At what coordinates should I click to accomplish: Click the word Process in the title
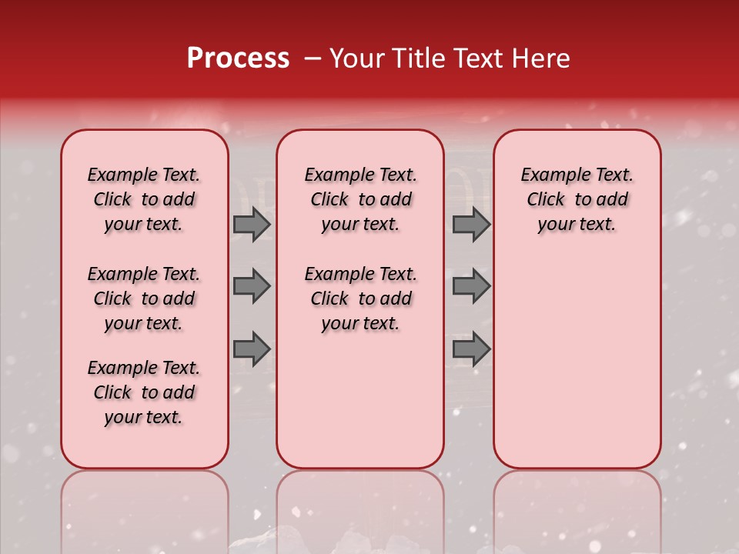tap(238, 58)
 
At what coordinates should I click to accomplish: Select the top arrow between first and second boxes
tap(251, 224)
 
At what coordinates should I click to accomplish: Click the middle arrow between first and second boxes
tap(251, 286)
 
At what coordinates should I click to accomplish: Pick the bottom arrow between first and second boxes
tap(251, 349)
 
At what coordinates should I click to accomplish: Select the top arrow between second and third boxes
tap(470, 224)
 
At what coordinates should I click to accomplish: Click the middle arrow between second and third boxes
tap(470, 286)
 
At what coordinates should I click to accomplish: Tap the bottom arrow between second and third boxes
tap(470, 349)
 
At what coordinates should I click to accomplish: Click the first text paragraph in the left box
tap(144, 199)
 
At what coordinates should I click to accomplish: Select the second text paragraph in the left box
tap(144, 299)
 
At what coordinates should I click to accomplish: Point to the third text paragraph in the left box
tap(144, 392)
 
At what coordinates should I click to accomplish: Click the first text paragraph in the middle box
tap(361, 199)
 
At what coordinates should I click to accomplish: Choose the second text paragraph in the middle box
tap(361, 299)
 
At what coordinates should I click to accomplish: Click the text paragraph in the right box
tap(577, 199)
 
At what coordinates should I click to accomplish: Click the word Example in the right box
tap(549, 175)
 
